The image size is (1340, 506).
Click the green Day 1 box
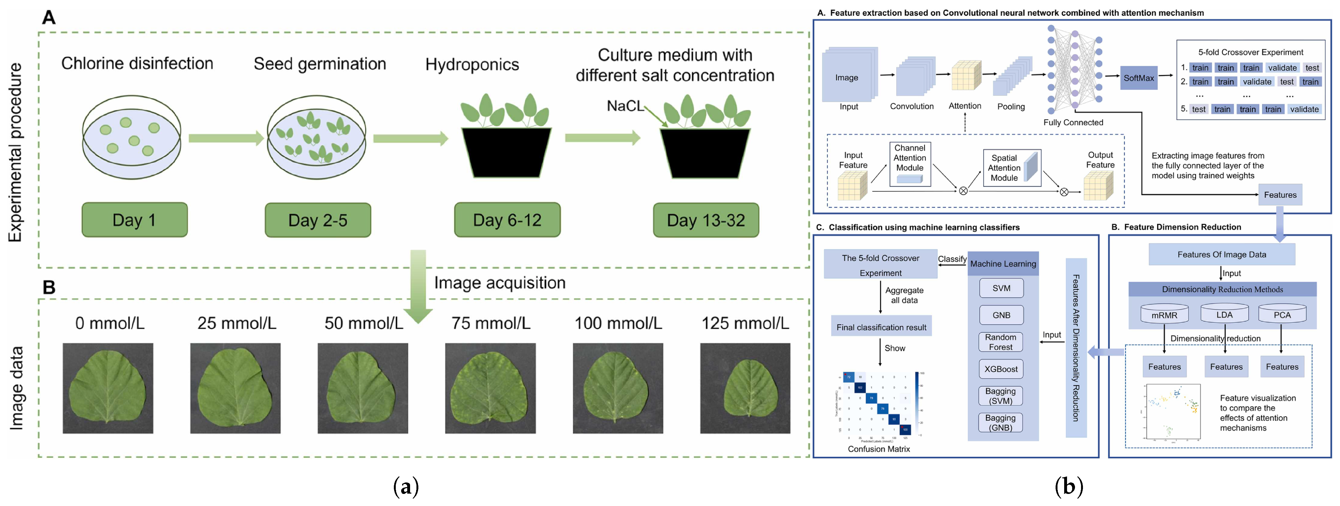[134, 220]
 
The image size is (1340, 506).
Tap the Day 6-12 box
[507, 220]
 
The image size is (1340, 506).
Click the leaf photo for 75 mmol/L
[490, 388]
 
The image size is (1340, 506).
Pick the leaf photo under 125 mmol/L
[745, 388]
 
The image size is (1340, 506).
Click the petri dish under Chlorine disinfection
[132, 137]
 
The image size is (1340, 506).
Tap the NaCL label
[625, 106]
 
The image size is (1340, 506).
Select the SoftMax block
[1138, 78]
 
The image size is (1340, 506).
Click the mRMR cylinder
[1164, 314]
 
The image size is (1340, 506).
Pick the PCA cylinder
[1282, 314]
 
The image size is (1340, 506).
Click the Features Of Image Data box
[1221, 255]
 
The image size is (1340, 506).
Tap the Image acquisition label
[499, 283]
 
